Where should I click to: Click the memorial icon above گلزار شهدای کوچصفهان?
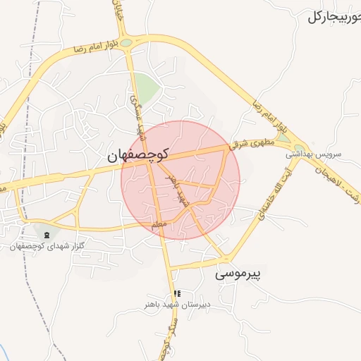pyautogui.click(x=47, y=234)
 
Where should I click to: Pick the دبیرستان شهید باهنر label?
pyautogui.click(x=176, y=305)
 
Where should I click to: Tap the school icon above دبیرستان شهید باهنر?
pyautogui.click(x=176, y=293)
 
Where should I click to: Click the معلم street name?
pyautogui.click(x=159, y=224)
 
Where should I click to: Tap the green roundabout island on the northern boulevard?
pyautogui.click(x=126, y=43)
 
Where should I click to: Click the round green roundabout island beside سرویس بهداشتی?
pyautogui.click(x=300, y=149)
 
